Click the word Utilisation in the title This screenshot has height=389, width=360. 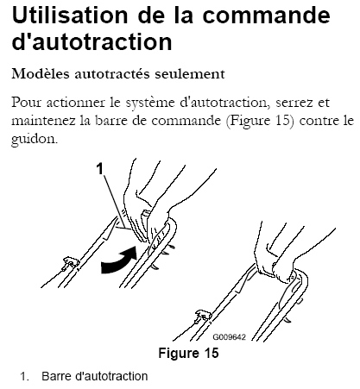coord(70,15)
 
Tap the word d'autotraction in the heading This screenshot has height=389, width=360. coord(92,42)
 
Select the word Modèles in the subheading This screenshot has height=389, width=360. coord(41,74)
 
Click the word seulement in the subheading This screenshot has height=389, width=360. coord(190,74)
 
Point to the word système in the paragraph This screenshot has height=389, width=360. coord(150,104)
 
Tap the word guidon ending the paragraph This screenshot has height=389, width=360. coord(35,140)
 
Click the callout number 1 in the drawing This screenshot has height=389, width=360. coord(99,169)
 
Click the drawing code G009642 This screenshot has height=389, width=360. coord(229,337)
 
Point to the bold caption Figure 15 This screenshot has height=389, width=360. coord(188,353)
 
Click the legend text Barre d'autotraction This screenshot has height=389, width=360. coord(95,376)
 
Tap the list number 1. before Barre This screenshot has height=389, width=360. coord(25,376)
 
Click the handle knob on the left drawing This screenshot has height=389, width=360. coord(70,263)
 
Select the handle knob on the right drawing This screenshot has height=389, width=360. coord(203,316)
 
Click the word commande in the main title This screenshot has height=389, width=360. coord(267,15)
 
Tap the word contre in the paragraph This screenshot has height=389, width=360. coord(319,121)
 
